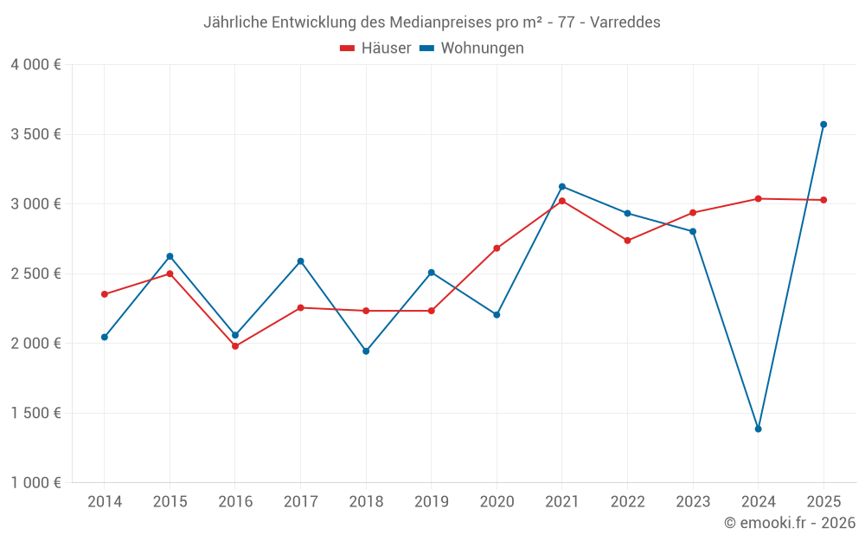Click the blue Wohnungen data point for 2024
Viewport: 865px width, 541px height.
(758, 428)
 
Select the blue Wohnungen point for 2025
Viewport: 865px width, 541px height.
(823, 125)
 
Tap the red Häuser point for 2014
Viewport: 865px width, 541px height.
(105, 294)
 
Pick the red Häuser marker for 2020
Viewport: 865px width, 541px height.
(497, 248)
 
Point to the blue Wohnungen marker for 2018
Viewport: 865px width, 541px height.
(366, 351)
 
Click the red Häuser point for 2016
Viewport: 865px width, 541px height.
(235, 346)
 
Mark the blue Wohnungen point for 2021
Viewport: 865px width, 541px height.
(562, 186)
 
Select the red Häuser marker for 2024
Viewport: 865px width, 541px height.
(758, 199)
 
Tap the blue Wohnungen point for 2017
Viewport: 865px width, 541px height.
(300, 261)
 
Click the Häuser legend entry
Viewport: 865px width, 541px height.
(375, 48)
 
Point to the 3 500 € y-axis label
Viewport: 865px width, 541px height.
(35, 134)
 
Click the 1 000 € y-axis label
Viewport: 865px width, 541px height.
(35, 483)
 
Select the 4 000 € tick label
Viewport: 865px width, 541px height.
(35, 65)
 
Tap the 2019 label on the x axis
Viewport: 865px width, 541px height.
(431, 502)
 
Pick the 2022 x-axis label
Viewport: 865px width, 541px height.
(627, 502)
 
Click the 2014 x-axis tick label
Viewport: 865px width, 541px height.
(105, 502)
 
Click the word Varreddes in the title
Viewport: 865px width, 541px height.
(626, 23)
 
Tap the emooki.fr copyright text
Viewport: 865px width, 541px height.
(789, 523)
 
